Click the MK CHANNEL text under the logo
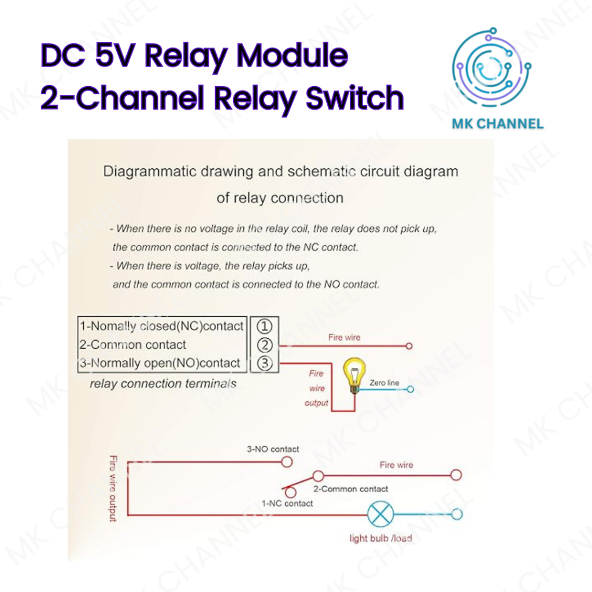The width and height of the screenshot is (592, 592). point(497,123)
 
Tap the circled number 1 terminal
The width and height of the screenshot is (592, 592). point(264,326)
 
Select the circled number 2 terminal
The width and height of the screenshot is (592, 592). point(264,345)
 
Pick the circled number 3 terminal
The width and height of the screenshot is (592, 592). point(264,364)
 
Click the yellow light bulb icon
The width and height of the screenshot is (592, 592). point(351,373)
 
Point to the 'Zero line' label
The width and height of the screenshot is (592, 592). point(384,383)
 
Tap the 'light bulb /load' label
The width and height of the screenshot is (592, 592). point(380,539)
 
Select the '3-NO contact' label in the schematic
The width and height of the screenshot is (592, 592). point(273,449)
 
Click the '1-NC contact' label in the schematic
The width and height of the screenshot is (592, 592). point(287,504)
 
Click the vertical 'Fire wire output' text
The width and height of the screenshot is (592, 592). point(113,489)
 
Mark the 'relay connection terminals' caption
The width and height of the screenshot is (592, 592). point(163,383)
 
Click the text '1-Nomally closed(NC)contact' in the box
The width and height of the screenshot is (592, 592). point(161,326)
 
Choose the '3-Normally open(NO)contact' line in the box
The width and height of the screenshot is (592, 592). point(160,363)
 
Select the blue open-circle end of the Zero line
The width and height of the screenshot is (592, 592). point(410,389)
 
